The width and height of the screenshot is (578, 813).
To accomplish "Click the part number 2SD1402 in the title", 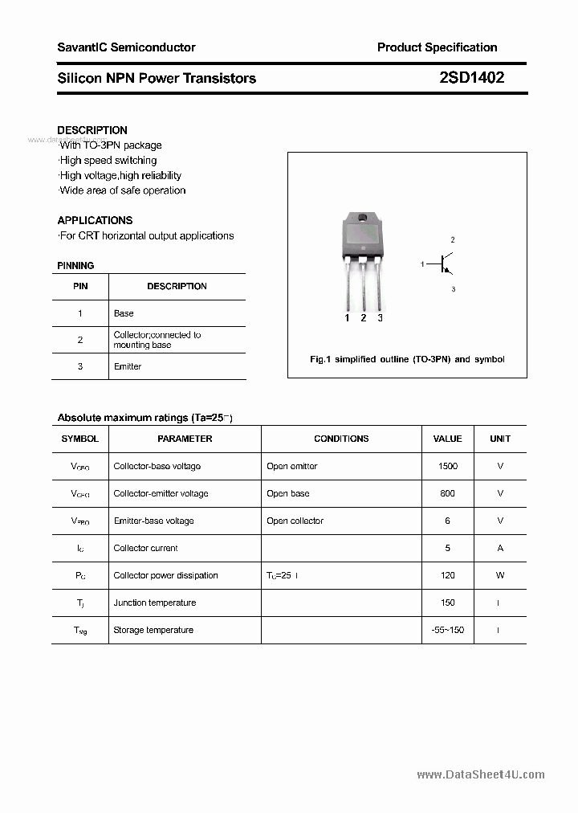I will (472, 78).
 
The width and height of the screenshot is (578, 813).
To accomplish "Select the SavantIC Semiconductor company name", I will (126, 47).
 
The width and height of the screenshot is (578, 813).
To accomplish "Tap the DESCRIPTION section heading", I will (92, 130).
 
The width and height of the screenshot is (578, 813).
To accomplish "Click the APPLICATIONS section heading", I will (95, 220).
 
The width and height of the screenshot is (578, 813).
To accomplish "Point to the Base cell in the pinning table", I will (124, 313).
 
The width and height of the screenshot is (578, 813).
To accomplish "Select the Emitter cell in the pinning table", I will (128, 366).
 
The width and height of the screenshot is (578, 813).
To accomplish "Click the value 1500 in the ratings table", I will (447, 466).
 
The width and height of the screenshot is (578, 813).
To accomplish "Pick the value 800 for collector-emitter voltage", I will (447, 493).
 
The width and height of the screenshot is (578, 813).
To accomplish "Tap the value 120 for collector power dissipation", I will (447, 575).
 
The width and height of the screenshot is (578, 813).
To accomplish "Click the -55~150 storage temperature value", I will (447, 630).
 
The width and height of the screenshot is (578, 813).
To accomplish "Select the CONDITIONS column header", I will (341, 439).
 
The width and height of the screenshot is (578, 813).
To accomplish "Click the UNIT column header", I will (500, 439).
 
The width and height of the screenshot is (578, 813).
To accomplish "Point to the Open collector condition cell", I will (295, 521).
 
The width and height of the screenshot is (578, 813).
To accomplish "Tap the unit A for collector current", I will (500, 548).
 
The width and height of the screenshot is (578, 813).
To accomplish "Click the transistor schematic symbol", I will (446, 264).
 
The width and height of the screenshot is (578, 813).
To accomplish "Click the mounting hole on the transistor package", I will (363, 219).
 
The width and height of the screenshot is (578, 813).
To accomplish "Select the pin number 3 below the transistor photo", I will (380, 318).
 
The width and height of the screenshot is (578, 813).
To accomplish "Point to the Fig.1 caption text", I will (407, 359).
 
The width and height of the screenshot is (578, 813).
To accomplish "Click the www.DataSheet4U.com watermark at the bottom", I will (481, 774).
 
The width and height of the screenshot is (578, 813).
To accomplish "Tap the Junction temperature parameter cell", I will (154, 603).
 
